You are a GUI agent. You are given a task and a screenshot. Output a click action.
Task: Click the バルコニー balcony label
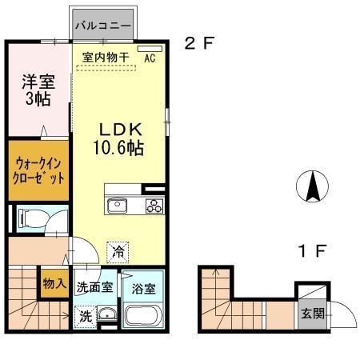[x=102, y=26]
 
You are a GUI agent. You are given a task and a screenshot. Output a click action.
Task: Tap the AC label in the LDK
[x=150, y=57]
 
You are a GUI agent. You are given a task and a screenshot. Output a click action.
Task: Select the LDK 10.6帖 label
[x=119, y=138]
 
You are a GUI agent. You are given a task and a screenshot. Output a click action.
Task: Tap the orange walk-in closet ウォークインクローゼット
[x=38, y=170]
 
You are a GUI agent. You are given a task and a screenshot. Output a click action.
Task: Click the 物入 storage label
[x=54, y=284]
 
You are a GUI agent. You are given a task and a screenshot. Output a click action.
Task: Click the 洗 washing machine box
[x=84, y=315]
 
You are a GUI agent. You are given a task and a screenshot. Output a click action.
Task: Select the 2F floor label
[x=199, y=44]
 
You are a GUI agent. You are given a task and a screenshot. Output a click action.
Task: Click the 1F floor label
[x=311, y=250]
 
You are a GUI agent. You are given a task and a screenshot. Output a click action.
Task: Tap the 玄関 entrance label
[x=313, y=314]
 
